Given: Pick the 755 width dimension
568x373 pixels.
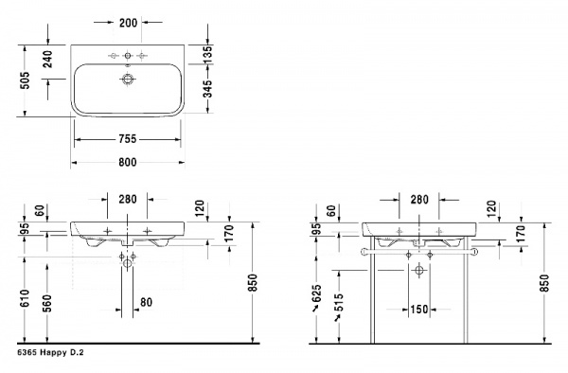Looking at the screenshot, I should point(127,138).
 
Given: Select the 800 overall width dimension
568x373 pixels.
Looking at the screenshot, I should point(127,162).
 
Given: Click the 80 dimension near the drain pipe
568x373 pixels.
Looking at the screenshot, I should point(146,302).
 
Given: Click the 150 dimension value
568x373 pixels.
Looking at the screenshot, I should point(420,310).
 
